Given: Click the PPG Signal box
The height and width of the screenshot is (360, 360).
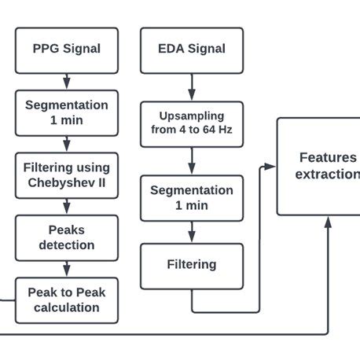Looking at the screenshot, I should [x=67, y=49].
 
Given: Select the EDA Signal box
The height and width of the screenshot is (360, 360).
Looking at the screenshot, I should [x=191, y=49].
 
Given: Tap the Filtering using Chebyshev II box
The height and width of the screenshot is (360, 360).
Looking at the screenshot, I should [x=67, y=175].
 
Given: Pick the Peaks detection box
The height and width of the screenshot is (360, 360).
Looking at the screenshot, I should [x=67, y=237].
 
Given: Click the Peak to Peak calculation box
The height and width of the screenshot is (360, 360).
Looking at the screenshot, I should [x=67, y=299].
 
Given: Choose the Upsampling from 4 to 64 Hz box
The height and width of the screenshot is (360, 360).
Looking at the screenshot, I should [x=191, y=124].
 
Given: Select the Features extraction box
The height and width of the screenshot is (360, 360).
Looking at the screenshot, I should [x=318, y=166].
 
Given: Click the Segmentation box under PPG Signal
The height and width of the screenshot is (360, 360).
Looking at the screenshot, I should [x=67, y=112].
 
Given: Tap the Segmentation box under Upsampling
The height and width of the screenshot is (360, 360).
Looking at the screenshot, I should [x=191, y=197].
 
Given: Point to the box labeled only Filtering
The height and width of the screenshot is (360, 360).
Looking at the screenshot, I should [x=191, y=265].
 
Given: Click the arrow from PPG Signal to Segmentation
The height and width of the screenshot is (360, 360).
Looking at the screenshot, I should [x=67, y=80].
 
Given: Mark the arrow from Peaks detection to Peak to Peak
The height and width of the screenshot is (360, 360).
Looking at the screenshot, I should [x=67, y=269].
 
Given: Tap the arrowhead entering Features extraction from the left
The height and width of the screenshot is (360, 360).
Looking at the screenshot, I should [x=271, y=166].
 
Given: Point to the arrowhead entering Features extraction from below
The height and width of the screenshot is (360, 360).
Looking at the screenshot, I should [x=328, y=221].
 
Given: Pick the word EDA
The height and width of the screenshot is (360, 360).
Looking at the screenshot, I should [x=171, y=49].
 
